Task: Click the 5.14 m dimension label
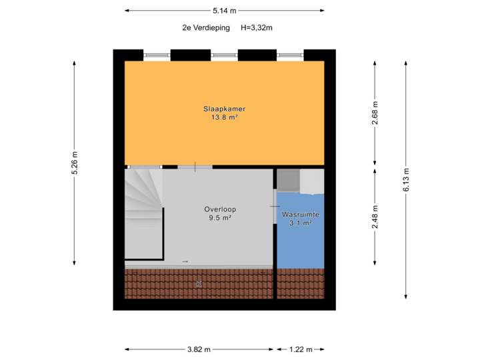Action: tap(225, 11)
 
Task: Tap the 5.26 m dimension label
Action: tap(75, 161)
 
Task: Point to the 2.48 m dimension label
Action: tap(375, 217)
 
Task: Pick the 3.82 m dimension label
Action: tap(199, 349)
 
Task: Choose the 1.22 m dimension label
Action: tap(300, 349)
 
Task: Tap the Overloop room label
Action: tap(220, 209)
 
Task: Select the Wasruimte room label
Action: tap(301, 215)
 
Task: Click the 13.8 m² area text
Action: tap(225, 117)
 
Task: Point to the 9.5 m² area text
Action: tap(220, 218)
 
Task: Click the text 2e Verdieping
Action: tap(206, 28)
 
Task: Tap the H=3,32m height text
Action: tap(257, 28)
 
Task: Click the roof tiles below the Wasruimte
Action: tap(300, 284)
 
